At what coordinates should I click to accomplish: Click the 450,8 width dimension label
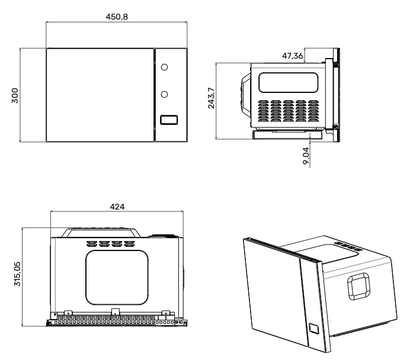tap(117, 16)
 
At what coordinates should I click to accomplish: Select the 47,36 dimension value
tap(293, 56)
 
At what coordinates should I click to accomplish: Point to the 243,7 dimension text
tap(211, 97)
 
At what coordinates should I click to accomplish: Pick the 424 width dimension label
tap(117, 207)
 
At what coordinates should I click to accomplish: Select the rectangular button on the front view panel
tap(169, 120)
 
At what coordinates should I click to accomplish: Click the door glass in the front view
tap(100, 95)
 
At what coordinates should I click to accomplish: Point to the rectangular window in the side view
tap(290, 81)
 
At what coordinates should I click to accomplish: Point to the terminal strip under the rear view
tap(116, 321)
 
